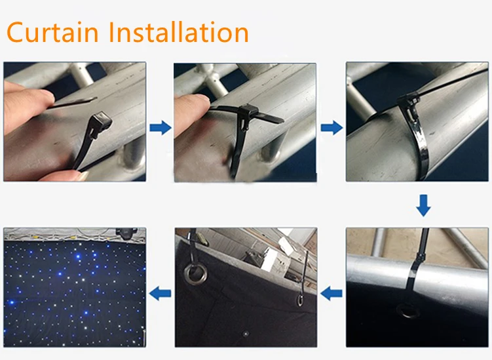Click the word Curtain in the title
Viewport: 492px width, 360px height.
[53, 32]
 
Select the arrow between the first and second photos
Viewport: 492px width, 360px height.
[160, 127]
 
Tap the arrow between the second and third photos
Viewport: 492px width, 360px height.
[331, 127]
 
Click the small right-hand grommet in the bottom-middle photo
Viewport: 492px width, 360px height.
[299, 300]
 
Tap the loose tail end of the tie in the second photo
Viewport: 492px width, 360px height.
[275, 121]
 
